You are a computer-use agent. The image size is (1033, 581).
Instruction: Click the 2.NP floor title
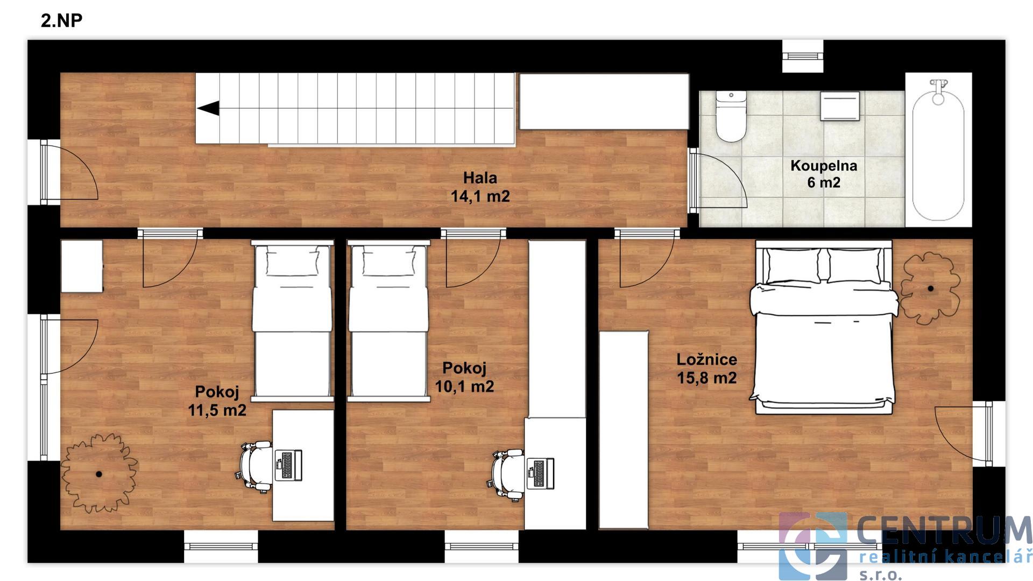[61, 20]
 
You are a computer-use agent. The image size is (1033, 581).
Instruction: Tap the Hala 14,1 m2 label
[480, 187]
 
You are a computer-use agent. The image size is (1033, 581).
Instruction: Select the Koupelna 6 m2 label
[823, 174]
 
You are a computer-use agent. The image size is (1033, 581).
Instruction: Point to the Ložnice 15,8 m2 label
[706, 369]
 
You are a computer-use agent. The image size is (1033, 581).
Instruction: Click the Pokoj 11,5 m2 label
[217, 401]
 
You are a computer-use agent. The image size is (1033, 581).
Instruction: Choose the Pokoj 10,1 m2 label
[464, 377]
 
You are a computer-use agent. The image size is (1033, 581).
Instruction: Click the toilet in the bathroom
[731, 116]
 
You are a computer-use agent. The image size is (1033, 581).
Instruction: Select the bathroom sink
[839, 106]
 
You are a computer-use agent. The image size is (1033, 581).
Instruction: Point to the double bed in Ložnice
[824, 327]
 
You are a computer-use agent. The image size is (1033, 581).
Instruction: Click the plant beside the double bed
[930, 288]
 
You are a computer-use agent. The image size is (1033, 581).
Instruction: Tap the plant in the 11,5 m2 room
[99, 473]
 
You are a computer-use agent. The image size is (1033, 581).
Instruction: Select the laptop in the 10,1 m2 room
[540, 473]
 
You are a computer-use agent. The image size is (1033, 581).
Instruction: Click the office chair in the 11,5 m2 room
[253, 466]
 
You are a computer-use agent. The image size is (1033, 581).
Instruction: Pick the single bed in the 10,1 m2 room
[388, 321]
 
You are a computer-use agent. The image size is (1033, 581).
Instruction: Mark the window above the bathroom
[803, 55]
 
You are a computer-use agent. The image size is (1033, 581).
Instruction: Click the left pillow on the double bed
[794, 266]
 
